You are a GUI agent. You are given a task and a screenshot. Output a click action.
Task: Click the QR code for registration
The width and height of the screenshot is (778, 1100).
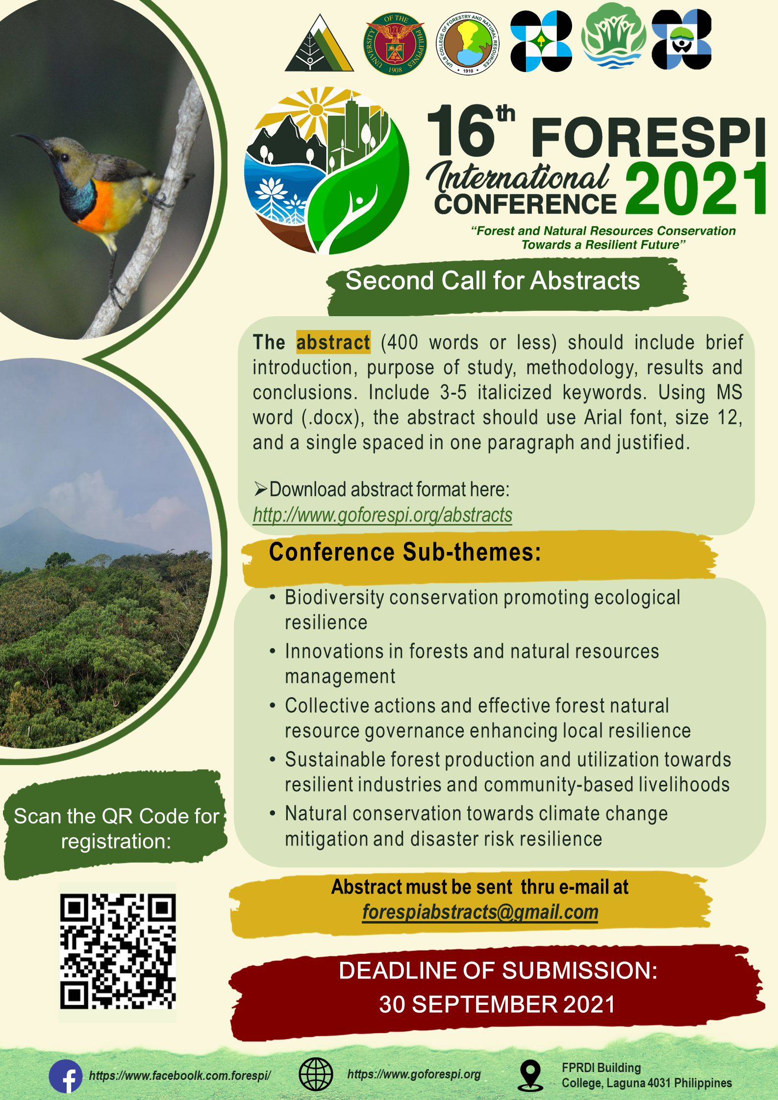click(118, 951)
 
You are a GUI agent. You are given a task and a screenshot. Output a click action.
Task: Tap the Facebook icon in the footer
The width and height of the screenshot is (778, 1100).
click(66, 1076)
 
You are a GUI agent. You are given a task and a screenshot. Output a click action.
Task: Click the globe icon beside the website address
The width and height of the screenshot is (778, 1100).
click(316, 1075)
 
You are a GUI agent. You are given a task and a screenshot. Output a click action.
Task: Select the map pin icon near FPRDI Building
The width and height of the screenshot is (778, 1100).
click(530, 1075)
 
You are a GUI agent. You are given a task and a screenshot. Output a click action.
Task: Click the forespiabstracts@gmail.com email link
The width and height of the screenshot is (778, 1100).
click(480, 912)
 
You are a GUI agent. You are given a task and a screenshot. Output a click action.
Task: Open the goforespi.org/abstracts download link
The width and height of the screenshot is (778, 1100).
click(382, 515)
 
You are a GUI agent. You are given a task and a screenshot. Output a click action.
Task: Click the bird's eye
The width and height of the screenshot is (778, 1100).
click(64, 157)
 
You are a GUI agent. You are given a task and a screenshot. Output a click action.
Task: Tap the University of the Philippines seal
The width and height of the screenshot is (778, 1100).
click(395, 44)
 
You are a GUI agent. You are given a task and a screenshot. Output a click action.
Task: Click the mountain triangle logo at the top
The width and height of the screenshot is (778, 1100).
click(319, 43)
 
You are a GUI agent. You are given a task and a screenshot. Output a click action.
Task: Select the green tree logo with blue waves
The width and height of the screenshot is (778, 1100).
click(613, 36)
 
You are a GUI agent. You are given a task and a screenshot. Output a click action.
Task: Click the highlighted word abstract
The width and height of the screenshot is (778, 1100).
click(333, 342)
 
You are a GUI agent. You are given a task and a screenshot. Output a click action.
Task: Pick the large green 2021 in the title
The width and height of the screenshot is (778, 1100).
click(695, 189)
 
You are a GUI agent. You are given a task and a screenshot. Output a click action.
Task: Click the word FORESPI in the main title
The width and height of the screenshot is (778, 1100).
click(648, 136)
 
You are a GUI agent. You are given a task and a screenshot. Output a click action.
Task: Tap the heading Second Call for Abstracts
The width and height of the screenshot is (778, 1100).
click(493, 280)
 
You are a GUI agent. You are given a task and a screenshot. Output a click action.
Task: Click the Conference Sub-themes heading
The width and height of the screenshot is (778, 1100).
click(405, 552)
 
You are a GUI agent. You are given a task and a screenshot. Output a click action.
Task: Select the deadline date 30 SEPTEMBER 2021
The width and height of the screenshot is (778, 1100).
click(497, 1004)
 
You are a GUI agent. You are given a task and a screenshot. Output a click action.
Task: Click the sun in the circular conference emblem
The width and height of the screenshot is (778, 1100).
click(316, 109)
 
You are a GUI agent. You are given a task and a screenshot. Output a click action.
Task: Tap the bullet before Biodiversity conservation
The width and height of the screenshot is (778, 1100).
click(273, 597)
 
